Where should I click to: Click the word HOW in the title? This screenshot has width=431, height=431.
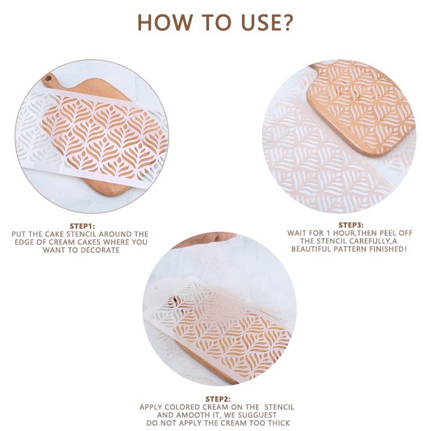(x=164, y=22)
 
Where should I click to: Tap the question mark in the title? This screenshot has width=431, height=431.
(x=286, y=22)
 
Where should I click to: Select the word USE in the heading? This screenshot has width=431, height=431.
(x=260, y=22)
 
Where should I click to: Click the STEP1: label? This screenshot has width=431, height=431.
(x=82, y=226)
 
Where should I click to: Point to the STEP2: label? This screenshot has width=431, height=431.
(x=218, y=399)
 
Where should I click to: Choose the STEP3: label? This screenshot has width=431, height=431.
(x=351, y=225)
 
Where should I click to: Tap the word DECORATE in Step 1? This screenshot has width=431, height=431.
(x=100, y=250)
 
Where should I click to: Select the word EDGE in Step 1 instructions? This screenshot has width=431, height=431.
(x=24, y=242)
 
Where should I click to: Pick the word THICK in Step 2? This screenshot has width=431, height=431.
(x=279, y=423)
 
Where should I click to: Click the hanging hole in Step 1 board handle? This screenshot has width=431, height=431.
(x=48, y=78)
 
